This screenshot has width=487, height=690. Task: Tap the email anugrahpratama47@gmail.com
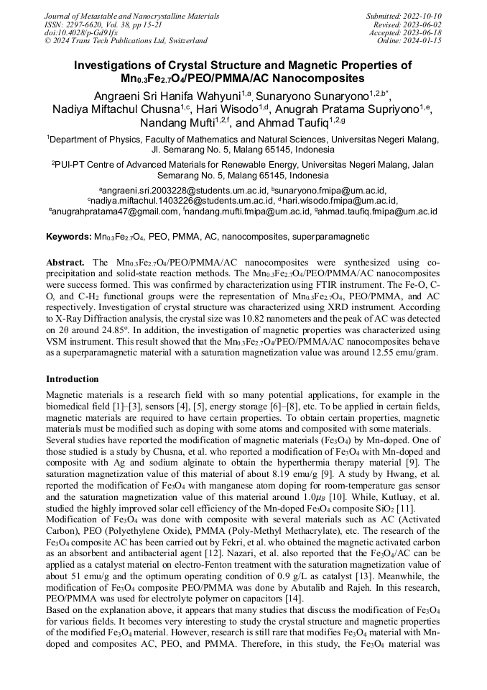coord(114,212)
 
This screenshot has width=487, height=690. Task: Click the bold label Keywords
coord(69,237)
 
